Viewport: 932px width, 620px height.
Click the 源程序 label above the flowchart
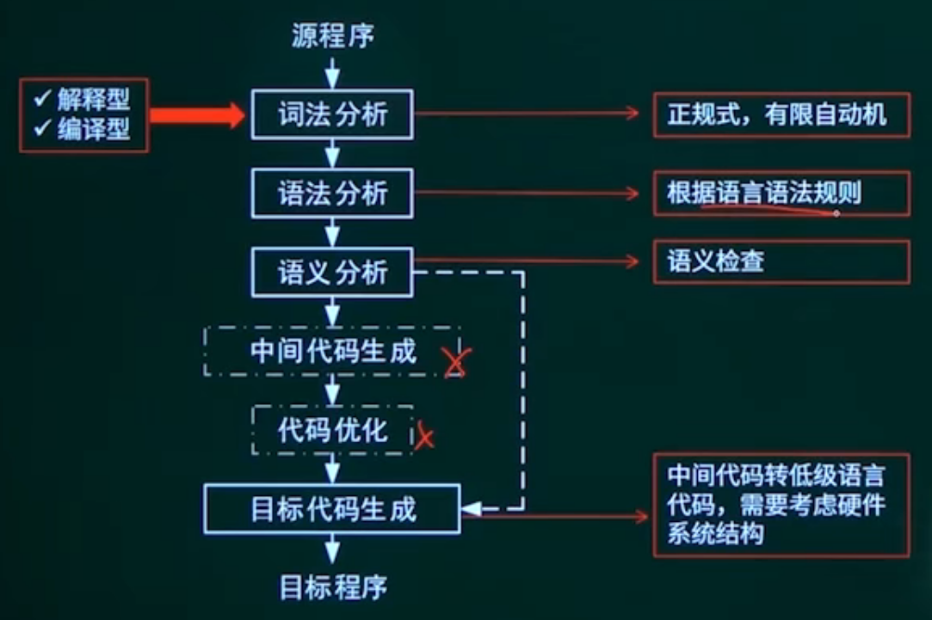click(333, 35)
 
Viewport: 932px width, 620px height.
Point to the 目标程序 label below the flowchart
click(333, 586)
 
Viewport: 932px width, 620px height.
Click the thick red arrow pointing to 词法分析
click(197, 114)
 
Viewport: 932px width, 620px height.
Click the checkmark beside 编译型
click(42, 126)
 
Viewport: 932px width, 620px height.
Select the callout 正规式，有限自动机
click(777, 114)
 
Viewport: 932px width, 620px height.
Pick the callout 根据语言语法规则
click(764, 193)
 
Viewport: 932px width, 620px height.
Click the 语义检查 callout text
click(716, 261)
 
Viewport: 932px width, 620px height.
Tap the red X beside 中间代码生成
click(456, 362)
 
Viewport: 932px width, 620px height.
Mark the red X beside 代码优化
click(424, 436)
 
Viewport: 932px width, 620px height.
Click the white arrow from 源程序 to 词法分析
click(332, 73)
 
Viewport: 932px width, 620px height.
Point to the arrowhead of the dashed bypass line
click(472, 509)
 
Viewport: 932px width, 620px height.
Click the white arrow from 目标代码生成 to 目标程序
click(332, 549)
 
